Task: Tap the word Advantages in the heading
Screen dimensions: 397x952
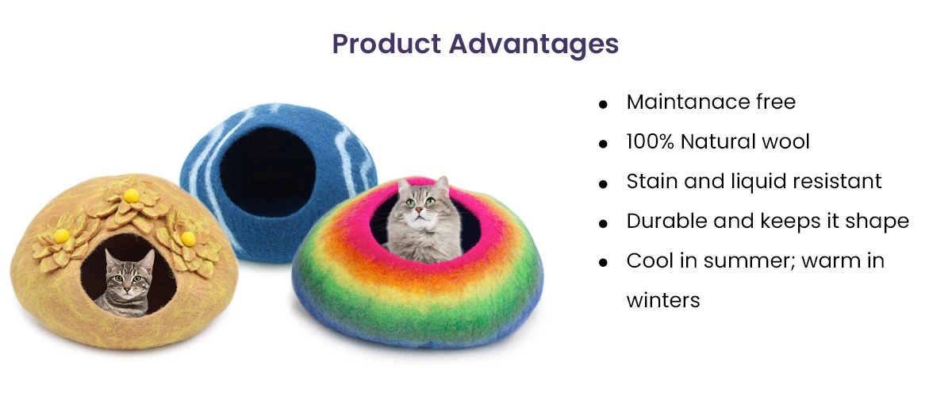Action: point(534,44)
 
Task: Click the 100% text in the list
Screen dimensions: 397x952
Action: point(650,142)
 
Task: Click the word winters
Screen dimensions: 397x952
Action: point(663,300)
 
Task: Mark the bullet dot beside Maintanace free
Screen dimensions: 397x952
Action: point(604,104)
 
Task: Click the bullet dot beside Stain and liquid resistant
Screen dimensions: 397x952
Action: point(604,183)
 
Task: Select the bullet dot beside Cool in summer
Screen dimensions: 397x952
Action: point(604,263)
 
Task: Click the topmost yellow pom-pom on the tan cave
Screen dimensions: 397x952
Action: point(132,195)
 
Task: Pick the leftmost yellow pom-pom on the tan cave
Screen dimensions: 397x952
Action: point(61,235)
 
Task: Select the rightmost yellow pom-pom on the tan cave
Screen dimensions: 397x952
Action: point(188,237)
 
